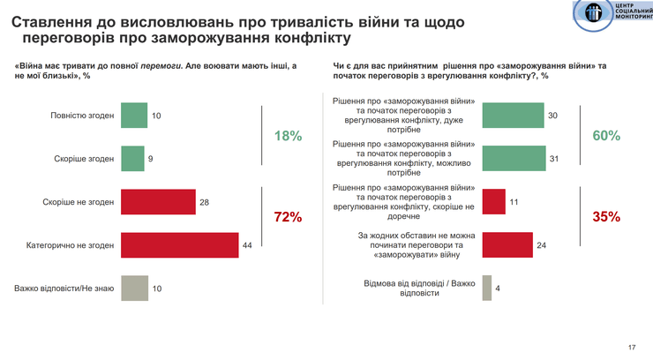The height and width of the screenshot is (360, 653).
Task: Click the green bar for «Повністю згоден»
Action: (133, 116)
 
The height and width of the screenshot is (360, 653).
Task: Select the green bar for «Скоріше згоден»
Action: (132, 159)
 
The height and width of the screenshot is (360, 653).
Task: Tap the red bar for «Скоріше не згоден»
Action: (158, 202)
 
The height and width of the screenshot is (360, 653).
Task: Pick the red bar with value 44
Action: (179, 244)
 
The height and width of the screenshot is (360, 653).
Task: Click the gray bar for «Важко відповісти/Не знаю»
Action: (133, 288)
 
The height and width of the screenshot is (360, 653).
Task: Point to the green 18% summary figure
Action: (288, 137)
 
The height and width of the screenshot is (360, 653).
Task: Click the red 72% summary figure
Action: (288, 217)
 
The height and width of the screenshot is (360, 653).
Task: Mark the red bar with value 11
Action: (494, 202)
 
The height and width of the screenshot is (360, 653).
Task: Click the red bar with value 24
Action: (508, 244)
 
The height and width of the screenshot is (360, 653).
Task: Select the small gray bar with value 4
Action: (486, 288)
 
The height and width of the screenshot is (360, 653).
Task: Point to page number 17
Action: (632, 346)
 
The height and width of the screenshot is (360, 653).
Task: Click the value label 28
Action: (204, 202)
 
